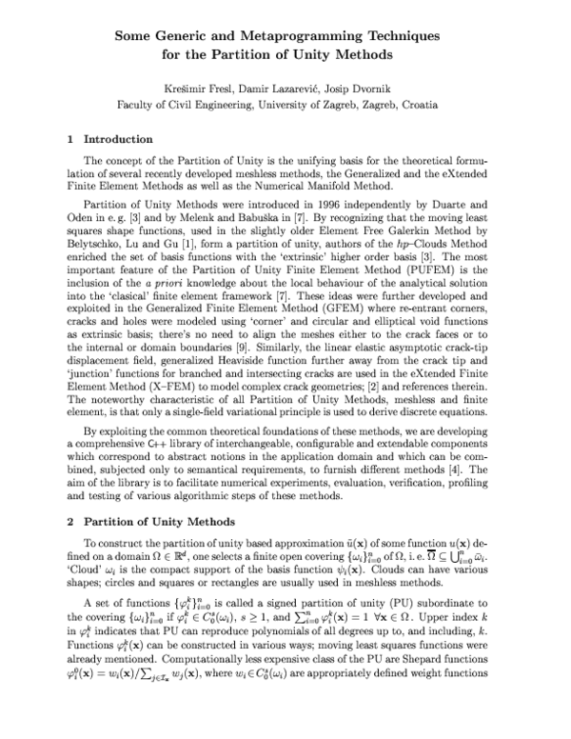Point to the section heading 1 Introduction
pyautogui.click(x=110, y=139)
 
